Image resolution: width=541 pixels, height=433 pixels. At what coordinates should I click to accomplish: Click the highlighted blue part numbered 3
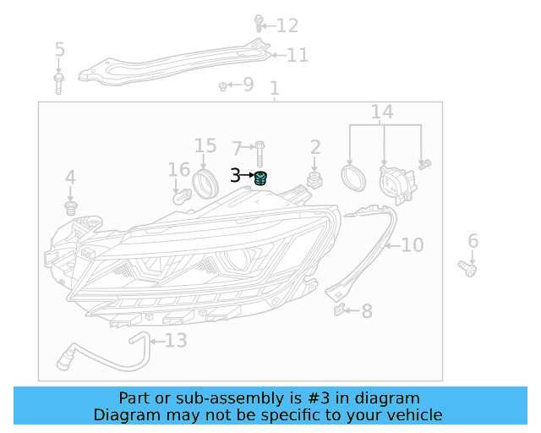[x=261, y=178]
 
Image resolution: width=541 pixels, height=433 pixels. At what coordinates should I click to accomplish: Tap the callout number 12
[x=287, y=26]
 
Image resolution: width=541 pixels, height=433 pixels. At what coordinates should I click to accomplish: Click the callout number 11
[x=298, y=56]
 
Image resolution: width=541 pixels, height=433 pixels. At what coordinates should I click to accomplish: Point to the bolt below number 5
[x=59, y=83]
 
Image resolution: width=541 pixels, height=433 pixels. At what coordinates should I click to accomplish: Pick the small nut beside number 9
[x=222, y=85]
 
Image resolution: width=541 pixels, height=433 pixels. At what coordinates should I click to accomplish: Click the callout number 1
[x=274, y=89]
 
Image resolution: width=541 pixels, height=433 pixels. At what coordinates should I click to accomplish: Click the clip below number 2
[x=315, y=180]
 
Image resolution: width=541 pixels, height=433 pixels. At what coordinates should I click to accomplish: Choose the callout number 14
[x=382, y=112]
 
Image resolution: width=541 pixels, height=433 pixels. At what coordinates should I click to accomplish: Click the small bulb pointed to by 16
[x=180, y=196]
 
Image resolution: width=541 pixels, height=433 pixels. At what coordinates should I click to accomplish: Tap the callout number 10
[x=412, y=245]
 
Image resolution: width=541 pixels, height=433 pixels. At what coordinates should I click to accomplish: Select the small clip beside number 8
[x=339, y=310]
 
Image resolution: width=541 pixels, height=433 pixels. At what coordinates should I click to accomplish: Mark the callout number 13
[x=175, y=341]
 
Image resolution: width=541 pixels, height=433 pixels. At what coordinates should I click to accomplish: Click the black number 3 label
[x=235, y=176]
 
